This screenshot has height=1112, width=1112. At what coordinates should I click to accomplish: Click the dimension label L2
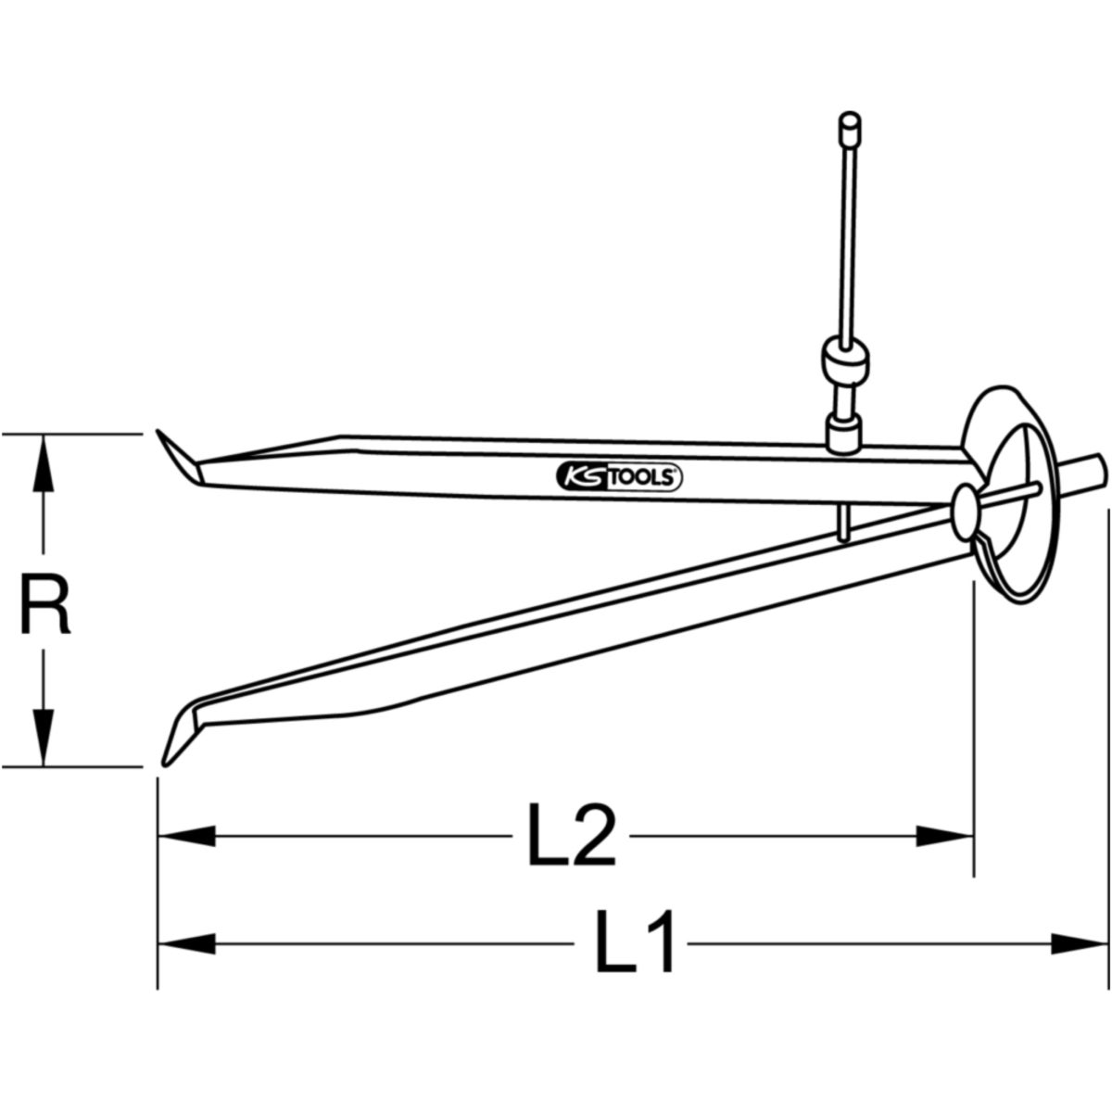(x=572, y=835)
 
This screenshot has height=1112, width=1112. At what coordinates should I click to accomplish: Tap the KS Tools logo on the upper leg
(x=619, y=477)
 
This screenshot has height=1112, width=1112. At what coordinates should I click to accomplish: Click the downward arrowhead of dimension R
(x=43, y=738)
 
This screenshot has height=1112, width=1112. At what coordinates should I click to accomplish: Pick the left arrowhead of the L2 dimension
(x=186, y=836)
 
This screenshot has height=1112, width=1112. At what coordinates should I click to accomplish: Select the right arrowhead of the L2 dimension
(x=945, y=836)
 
